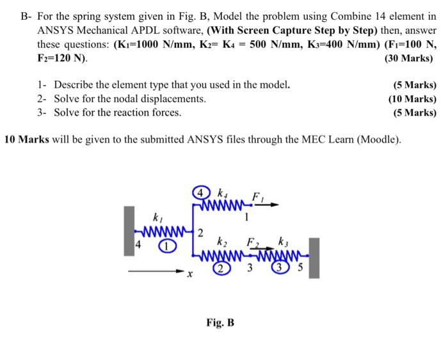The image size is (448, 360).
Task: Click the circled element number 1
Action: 164,246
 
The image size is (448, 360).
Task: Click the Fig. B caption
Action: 220,322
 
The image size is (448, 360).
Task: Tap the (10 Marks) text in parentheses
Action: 412,98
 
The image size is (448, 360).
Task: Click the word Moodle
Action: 378,139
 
